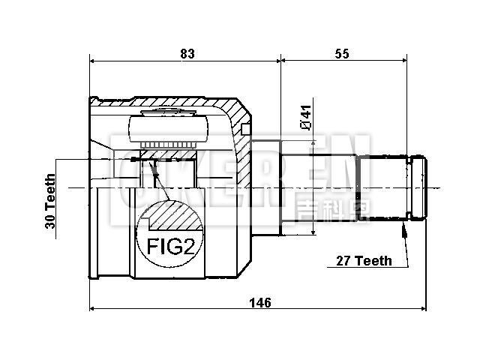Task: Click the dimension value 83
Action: pyautogui.click(x=187, y=53)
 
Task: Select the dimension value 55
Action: pyautogui.click(x=343, y=53)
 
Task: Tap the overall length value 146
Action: pyautogui.click(x=259, y=302)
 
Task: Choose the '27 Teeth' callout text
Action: pyautogui.click(x=364, y=261)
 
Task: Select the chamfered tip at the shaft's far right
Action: pyautogui.click(x=422, y=187)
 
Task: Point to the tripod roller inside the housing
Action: pyautogui.click(x=168, y=131)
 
